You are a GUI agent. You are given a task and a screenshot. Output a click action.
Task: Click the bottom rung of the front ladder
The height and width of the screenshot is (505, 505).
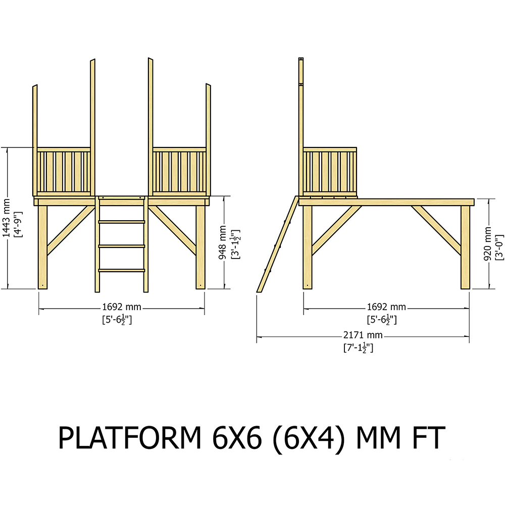[122, 271]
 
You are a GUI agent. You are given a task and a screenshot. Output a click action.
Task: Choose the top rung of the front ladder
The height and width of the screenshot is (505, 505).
[122, 221]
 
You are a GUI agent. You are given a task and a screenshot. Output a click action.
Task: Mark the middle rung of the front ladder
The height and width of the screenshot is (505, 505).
[122, 246]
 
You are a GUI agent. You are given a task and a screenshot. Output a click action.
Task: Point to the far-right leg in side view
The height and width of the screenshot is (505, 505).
[465, 247]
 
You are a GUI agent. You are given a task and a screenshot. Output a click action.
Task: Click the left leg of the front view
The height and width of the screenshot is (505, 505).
[43, 247]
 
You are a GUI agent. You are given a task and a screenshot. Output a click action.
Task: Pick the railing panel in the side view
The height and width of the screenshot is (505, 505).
[330, 172]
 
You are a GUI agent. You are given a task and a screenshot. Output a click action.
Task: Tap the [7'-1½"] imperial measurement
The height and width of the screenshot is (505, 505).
[358, 347]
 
